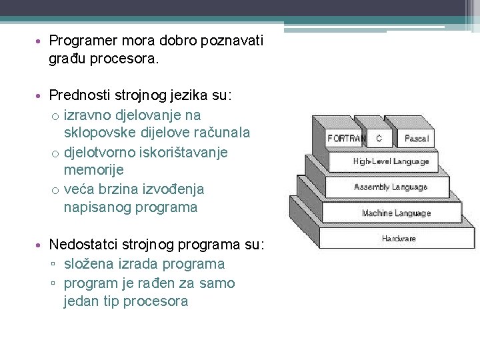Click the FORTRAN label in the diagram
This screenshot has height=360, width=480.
coord(346,139)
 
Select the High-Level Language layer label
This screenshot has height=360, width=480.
coord(391,161)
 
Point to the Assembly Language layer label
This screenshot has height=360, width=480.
coord(391,187)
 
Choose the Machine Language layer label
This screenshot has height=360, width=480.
coord(396,213)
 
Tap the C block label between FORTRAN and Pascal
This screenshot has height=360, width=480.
coord(379,139)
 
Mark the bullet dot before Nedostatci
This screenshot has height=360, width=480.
coord(41,245)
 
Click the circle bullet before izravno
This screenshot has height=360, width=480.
coord(55,115)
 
